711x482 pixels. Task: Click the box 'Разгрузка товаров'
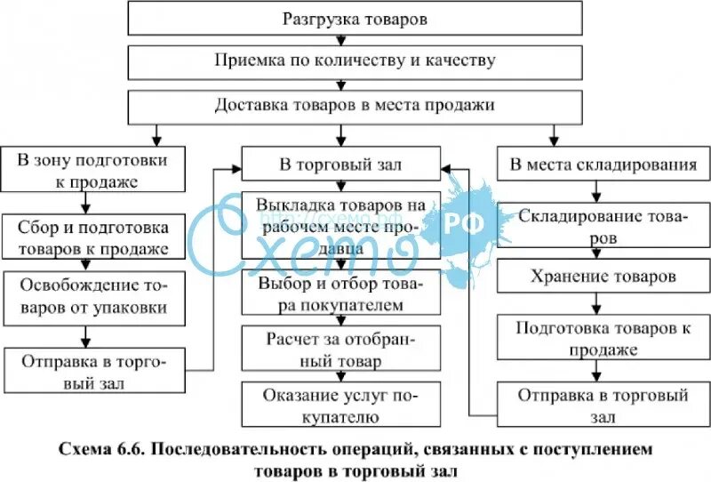pos(355,18)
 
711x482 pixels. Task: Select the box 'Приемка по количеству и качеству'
pos(355,61)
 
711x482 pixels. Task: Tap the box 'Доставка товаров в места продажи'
pos(355,105)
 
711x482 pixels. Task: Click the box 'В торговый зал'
pos(340,165)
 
